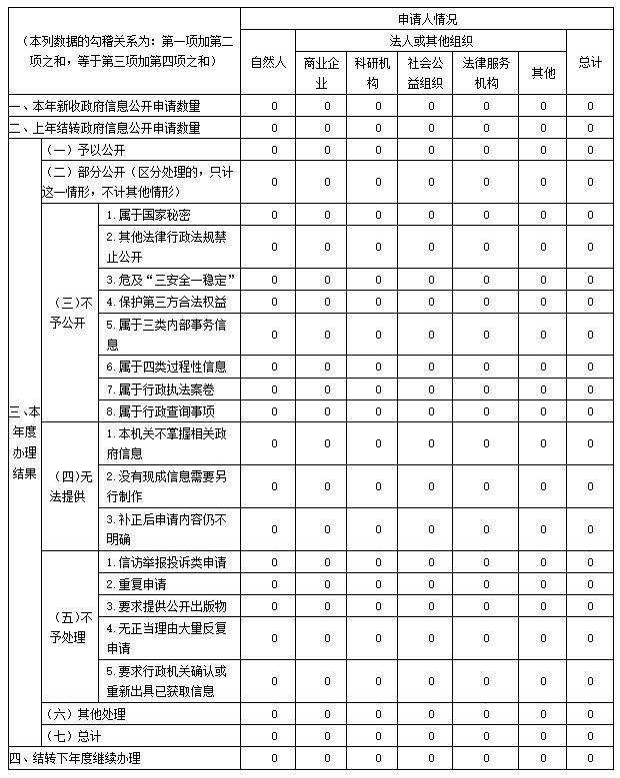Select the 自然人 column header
268,62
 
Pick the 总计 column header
590,62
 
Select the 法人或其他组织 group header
431,41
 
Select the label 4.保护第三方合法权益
165,302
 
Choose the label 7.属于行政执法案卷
159,389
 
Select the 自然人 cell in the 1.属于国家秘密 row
273,215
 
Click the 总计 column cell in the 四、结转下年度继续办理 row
590,758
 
